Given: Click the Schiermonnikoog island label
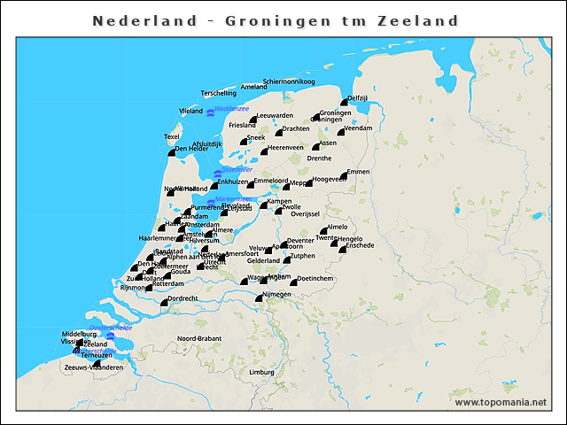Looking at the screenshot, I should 283,81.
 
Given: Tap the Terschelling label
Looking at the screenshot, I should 219,93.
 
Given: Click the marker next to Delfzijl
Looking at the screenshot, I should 343,104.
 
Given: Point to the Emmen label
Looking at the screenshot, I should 359,171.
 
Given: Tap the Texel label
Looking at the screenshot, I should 172,136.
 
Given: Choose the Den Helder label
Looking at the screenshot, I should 192,149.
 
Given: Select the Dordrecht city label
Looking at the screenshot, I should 183,298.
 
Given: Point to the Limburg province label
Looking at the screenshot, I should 261,372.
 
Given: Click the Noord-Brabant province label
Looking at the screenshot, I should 198,338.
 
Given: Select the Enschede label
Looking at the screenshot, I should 360,245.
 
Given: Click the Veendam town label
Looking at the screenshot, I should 357,128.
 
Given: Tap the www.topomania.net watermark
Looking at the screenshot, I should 501,402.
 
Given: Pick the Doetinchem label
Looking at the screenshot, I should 315,278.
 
